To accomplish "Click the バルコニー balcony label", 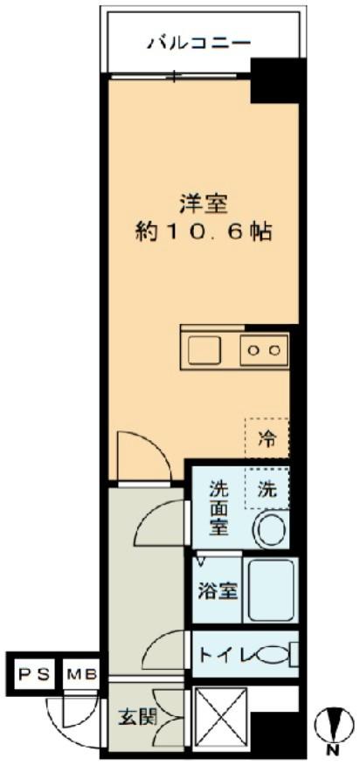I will [198, 41].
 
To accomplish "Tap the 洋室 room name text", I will [203, 204].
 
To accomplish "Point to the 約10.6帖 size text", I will [203, 232].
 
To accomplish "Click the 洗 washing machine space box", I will [267, 491].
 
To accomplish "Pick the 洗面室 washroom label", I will [218, 509].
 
